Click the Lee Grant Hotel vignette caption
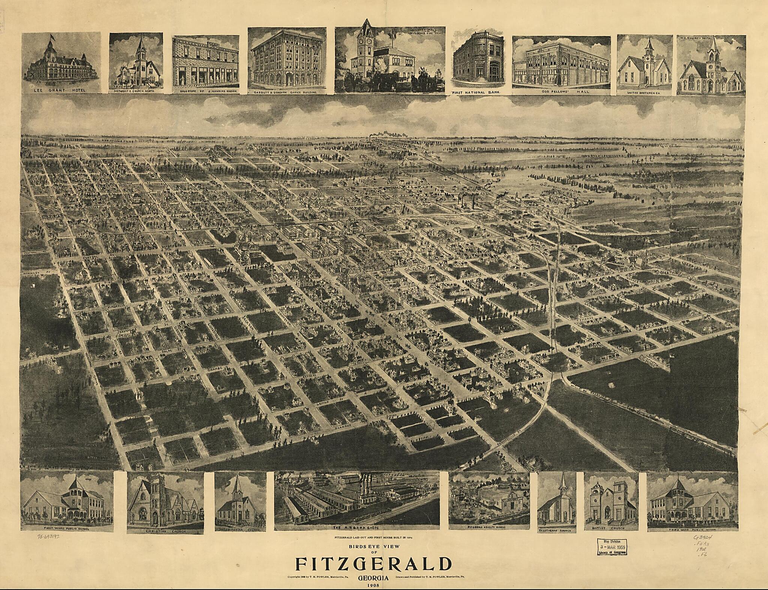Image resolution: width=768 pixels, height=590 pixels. (x=61, y=90)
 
